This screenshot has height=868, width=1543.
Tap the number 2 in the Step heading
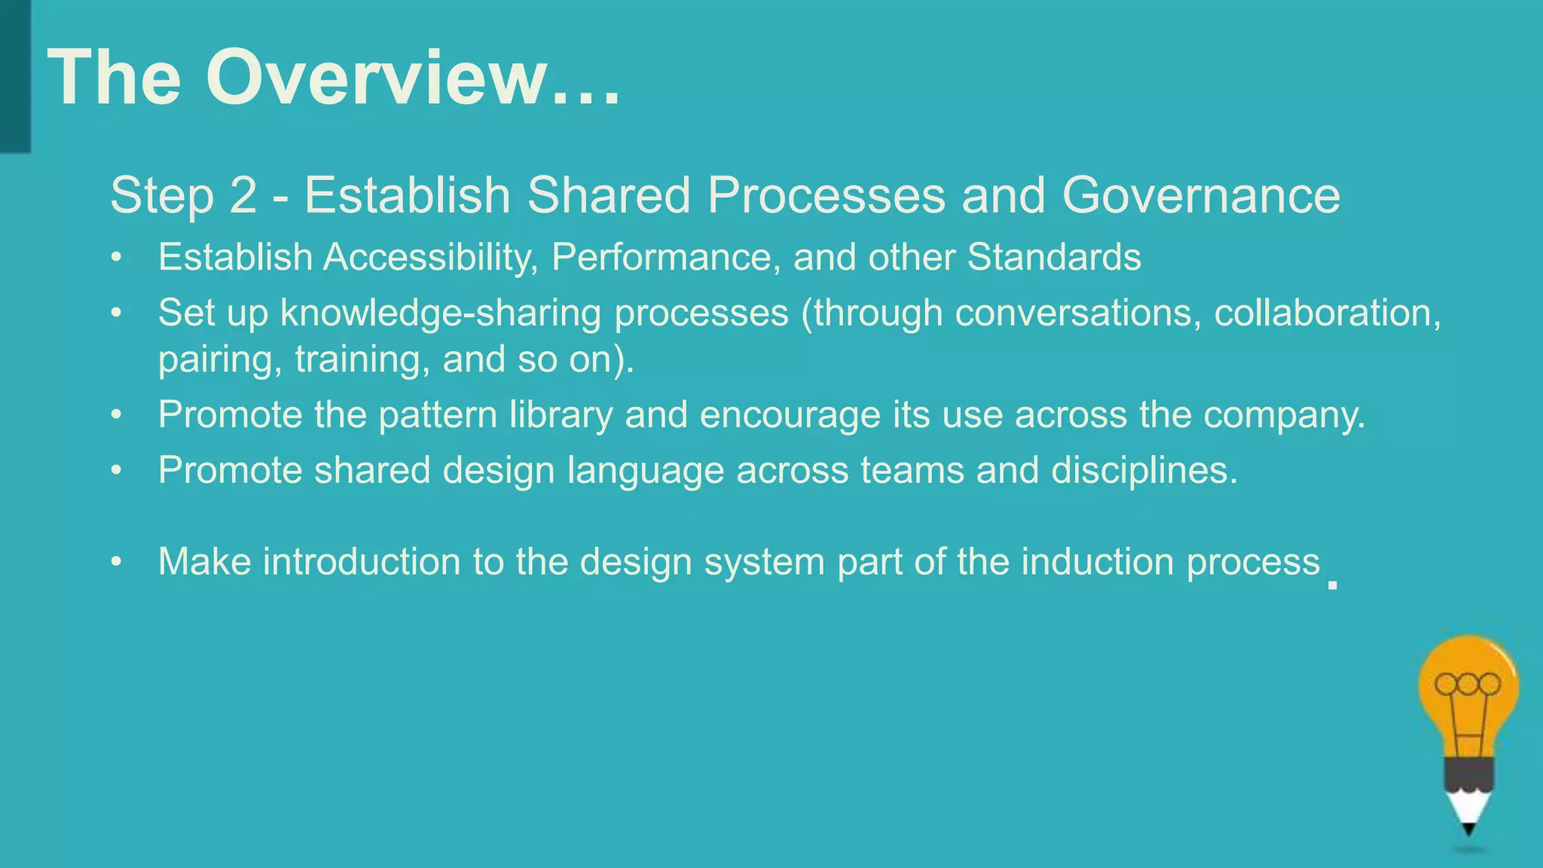coord(243,195)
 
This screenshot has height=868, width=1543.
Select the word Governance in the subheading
coord(1201,195)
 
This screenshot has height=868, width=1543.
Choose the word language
coord(645,471)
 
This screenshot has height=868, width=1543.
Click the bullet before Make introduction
coord(115,562)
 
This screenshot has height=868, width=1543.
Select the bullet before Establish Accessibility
coord(115,258)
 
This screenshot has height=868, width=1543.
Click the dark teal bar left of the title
coord(15,75)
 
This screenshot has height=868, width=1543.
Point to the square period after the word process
coord(1332,584)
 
